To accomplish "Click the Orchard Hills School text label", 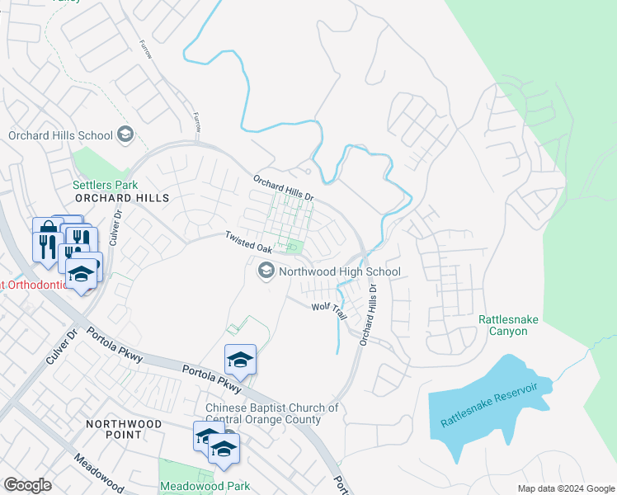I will click(x=60, y=135).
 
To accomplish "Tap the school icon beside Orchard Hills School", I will click(x=125, y=134).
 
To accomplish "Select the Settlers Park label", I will click(x=105, y=185).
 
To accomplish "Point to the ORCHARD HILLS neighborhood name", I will click(x=121, y=198).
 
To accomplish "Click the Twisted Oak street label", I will click(x=249, y=242).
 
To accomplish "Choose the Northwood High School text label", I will click(x=340, y=271).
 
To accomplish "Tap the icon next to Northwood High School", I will click(x=266, y=270).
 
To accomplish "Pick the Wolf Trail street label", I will click(x=329, y=310).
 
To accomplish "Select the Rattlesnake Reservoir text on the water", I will click(x=489, y=403).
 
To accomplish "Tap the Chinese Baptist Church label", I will click(x=272, y=413).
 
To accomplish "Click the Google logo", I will click(x=28, y=485).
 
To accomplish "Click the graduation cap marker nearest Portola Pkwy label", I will click(x=240, y=359).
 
